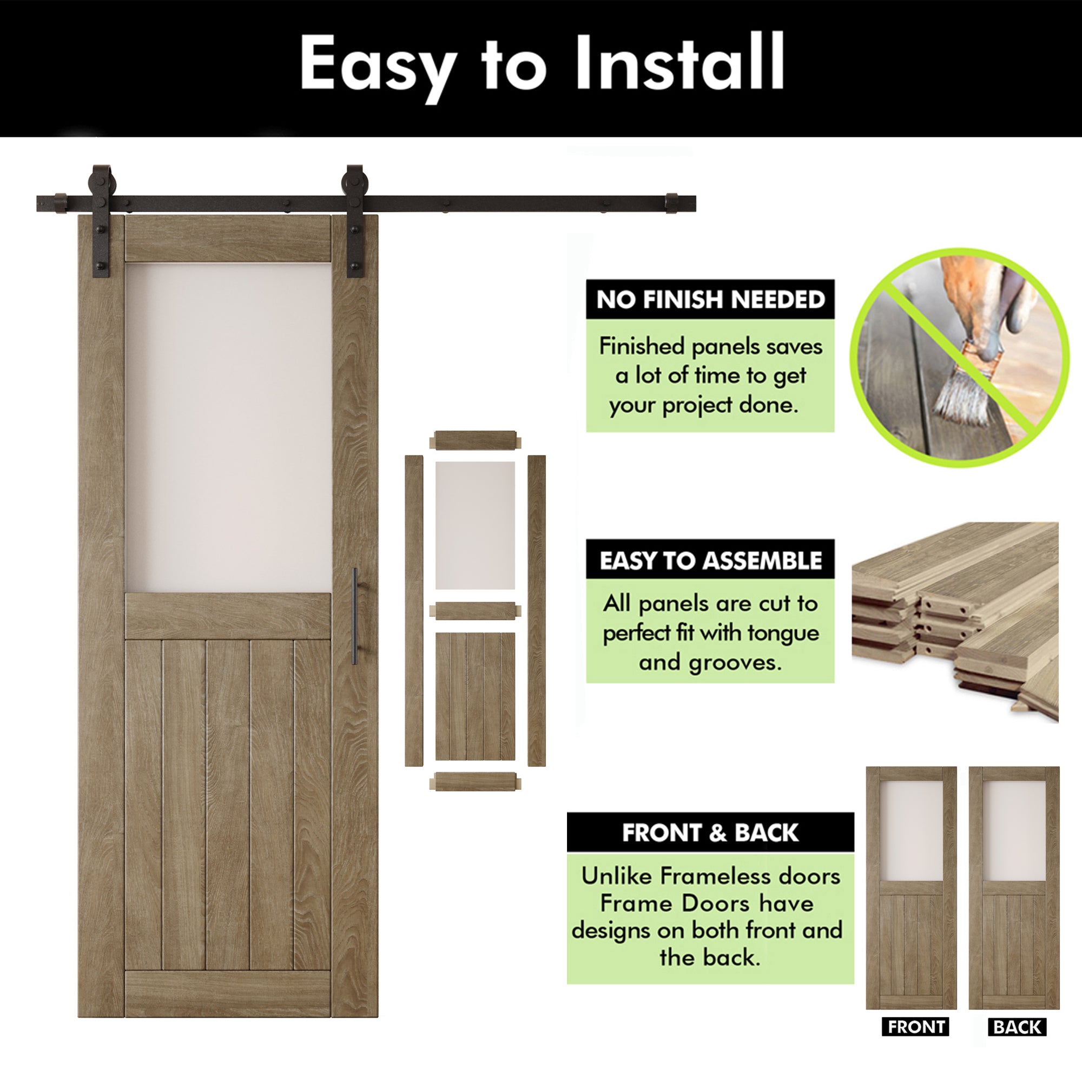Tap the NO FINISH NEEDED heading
click(710, 300)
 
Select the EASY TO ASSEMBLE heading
click(710, 560)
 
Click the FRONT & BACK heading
click(710, 832)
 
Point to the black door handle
click(354, 616)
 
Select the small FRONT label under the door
click(916, 1027)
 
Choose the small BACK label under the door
click(1017, 1027)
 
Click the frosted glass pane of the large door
click(228, 427)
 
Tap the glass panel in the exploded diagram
click(475, 525)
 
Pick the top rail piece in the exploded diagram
click(475, 440)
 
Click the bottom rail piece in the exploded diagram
click(475, 781)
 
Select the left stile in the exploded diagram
click(414, 610)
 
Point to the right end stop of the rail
click(672, 203)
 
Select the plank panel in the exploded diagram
click(475, 696)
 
